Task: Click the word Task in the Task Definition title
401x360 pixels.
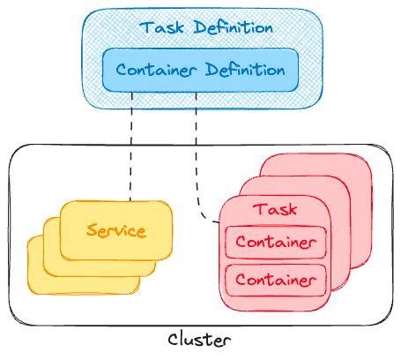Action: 159,27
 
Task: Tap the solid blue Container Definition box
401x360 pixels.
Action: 200,68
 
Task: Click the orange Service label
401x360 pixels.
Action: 115,231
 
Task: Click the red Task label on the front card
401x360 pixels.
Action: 274,210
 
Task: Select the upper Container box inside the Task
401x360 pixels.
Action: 274,241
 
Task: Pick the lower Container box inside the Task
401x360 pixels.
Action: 274,280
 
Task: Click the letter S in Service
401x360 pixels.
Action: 92,231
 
